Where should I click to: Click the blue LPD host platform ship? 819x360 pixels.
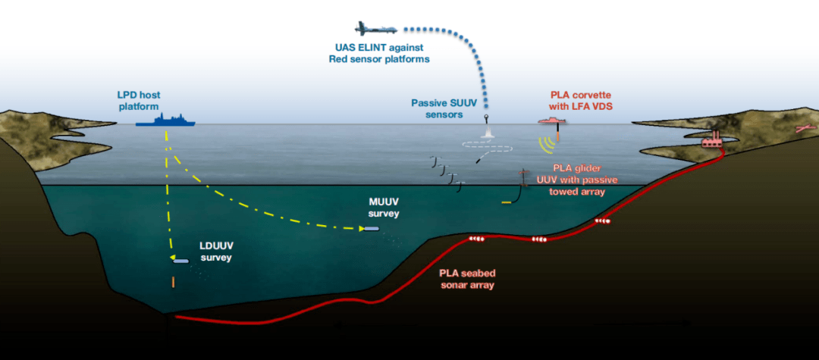165,120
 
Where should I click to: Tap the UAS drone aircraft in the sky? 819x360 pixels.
375,29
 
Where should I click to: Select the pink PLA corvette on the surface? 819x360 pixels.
552,121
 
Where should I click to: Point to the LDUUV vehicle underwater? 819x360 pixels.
181,260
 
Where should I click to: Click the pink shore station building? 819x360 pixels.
712,140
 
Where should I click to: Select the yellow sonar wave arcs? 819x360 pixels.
546,145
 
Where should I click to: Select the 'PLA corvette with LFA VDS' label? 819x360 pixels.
581,101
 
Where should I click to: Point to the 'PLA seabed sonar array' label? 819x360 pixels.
467,279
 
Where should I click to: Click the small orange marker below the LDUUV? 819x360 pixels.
174,282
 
